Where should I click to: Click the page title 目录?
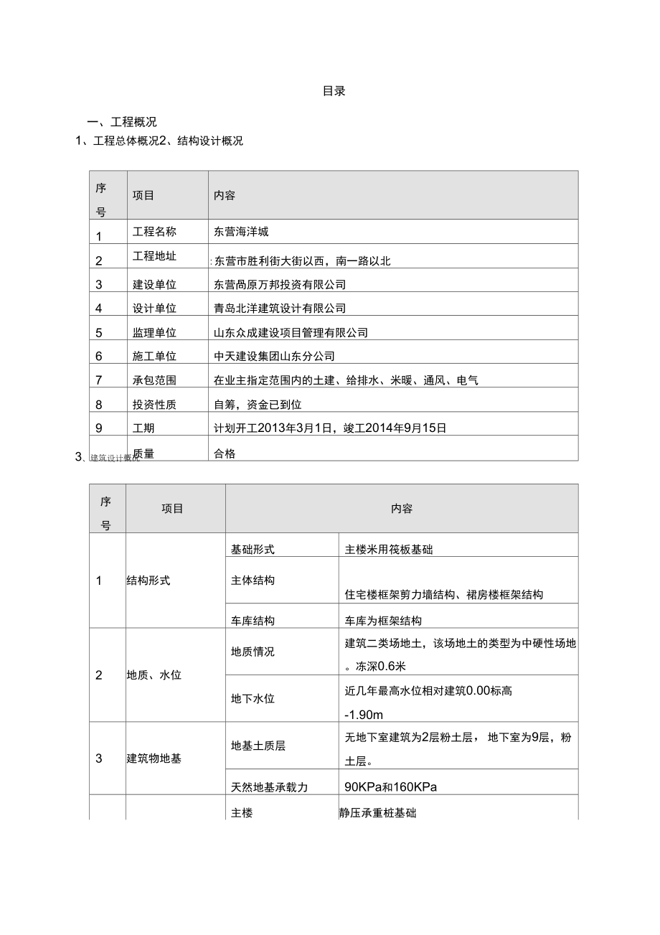[x=334, y=91]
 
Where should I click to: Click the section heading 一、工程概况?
[x=121, y=122]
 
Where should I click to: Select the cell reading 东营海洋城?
[x=241, y=232]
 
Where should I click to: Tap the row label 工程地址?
[x=154, y=256]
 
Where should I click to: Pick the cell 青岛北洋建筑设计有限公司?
[x=280, y=308]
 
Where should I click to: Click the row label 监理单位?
[x=154, y=332]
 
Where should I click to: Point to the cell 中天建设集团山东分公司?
[x=274, y=356]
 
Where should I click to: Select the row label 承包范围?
[x=154, y=380]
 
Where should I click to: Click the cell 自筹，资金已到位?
[x=258, y=404]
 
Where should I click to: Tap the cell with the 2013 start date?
[x=330, y=428]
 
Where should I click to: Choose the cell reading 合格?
[x=225, y=453]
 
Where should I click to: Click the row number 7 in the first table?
[x=99, y=380]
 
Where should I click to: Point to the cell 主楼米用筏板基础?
[x=389, y=550]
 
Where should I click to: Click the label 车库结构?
[x=253, y=621]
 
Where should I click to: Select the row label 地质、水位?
[x=154, y=675]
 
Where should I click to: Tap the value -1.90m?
[x=364, y=715]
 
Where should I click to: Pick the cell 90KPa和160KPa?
[x=391, y=786]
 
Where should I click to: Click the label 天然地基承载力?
[x=269, y=787]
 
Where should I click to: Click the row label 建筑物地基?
[x=154, y=758]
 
